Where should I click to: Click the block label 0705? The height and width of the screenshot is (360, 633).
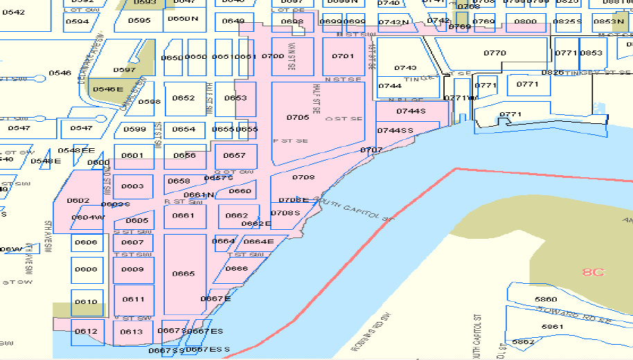(298, 118)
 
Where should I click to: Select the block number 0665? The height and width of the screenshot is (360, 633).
(184, 273)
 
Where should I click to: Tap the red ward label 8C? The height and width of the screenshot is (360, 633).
(593, 272)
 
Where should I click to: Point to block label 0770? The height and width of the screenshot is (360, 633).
(494, 53)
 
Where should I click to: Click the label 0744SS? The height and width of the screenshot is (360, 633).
(395, 131)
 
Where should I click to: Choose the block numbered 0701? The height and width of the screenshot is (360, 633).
(343, 56)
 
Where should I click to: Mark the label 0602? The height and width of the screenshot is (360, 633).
(78, 201)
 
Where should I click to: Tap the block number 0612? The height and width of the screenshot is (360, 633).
(86, 332)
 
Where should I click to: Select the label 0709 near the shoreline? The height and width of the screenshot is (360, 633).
(303, 178)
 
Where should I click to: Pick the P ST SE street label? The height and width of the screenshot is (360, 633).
(290, 141)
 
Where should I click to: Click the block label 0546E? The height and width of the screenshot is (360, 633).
(107, 89)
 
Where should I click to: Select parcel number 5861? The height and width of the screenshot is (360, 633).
(552, 326)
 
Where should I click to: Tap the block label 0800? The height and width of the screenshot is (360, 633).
(526, 21)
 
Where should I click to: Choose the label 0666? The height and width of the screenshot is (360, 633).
(237, 269)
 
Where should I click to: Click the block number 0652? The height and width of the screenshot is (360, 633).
(184, 98)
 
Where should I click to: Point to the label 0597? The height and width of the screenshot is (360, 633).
(124, 70)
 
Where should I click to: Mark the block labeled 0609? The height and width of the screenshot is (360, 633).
(133, 269)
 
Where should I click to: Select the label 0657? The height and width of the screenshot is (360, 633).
(235, 156)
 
